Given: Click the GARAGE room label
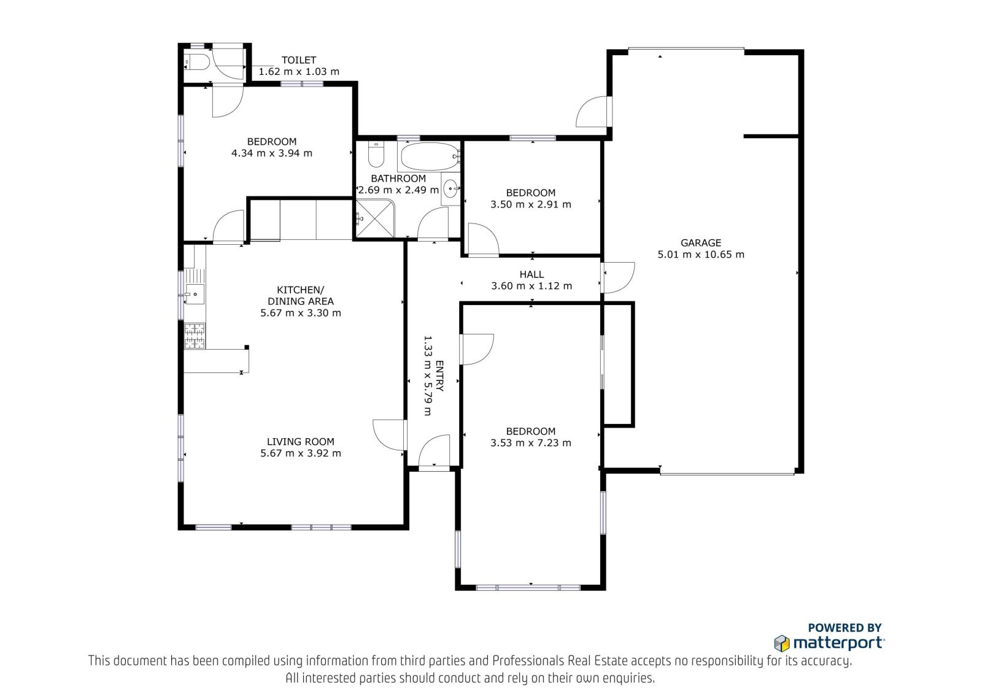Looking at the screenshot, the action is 700,242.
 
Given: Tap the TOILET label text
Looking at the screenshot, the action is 298,60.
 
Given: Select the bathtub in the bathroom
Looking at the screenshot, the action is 430,156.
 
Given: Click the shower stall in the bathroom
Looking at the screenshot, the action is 375,218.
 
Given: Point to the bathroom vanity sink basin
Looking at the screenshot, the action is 450,189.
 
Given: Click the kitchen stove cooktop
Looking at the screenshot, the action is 195,336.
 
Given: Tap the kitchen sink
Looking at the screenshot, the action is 194,294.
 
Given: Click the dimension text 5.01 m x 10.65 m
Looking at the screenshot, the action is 700,254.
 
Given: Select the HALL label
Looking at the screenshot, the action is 532,274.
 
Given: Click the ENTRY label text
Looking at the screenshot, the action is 439,376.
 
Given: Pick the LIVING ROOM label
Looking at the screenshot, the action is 300,441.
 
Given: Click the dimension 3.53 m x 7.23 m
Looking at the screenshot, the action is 530,443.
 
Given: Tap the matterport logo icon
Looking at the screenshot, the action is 782,643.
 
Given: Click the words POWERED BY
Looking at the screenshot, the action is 845,628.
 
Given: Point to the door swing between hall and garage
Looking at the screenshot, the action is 617,277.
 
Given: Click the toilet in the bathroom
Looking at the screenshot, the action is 376,154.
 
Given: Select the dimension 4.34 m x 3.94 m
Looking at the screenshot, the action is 271,153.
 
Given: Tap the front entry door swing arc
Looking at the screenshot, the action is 434,452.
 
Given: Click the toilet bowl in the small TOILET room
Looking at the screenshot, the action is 198,62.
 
